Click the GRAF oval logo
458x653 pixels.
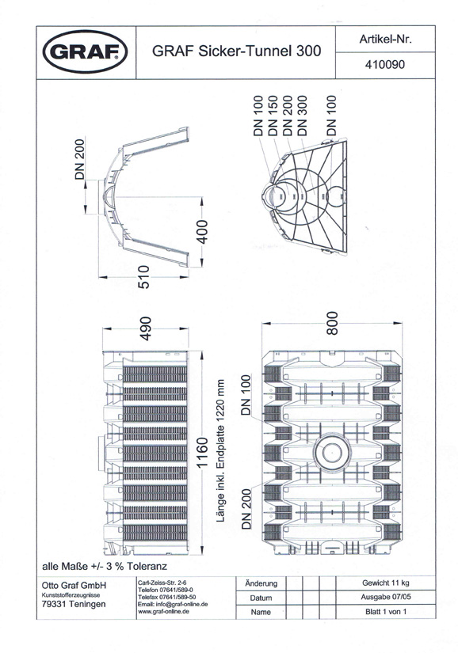click(85, 51)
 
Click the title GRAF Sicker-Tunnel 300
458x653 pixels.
click(236, 51)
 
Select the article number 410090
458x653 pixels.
click(384, 65)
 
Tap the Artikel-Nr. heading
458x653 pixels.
click(385, 39)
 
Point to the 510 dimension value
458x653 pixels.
click(143, 277)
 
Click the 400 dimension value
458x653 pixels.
click(202, 232)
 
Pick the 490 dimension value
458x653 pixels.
click(145, 328)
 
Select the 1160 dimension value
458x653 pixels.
click(202, 453)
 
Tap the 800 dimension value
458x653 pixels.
click(332, 323)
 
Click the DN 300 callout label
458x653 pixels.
click(302, 116)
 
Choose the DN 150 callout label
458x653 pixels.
click(273, 116)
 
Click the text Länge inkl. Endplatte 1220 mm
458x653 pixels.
click(220, 450)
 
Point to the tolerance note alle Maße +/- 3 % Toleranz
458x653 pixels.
click(105, 567)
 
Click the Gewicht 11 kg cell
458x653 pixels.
click(385, 583)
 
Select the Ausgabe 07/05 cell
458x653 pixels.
click(385, 597)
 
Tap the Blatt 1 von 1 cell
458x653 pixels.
click(385, 611)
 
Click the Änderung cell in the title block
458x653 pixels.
click(261, 584)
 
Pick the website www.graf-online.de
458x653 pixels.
click(163, 611)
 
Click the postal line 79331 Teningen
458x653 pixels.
click(74, 604)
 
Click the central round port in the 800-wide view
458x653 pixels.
click(331, 452)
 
